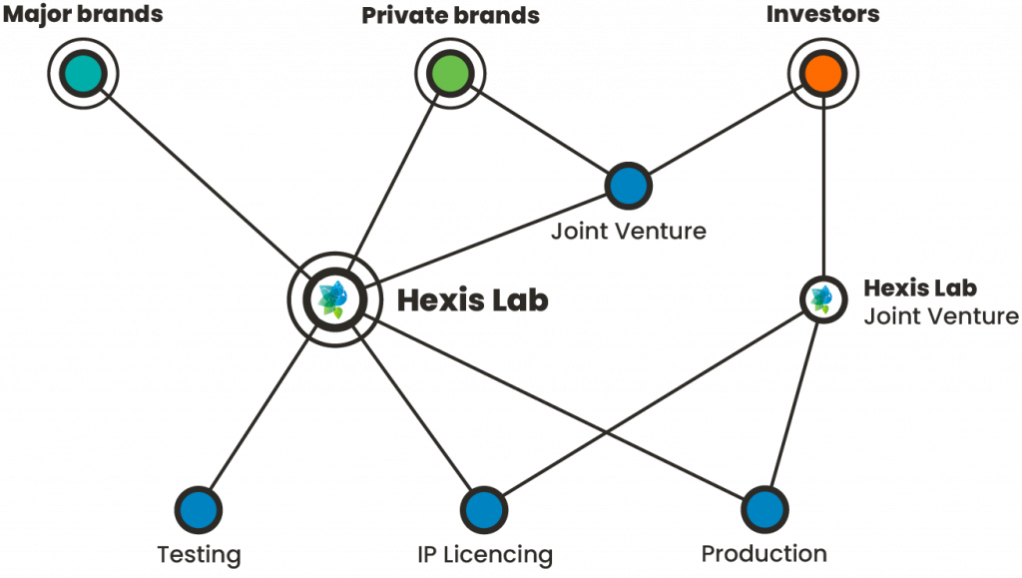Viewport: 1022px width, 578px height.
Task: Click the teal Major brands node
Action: click(83, 73)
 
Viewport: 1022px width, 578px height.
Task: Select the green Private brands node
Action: click(450, 73)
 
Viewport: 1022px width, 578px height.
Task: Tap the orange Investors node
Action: click(822, 73)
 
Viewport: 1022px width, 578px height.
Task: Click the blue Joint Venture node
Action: click(628, 186)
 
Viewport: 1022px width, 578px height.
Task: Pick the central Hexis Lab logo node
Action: click(330, 298)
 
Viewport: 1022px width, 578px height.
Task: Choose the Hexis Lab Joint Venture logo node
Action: click(821, 297)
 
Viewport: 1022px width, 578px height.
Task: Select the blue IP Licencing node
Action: click(483, 509)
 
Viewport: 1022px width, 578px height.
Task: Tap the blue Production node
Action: click(764, 509)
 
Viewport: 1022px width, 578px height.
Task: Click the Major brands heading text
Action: click(82, 15)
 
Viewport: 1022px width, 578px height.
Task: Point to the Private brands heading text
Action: click(450, 15)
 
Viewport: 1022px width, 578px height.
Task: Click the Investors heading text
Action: click(822, 15)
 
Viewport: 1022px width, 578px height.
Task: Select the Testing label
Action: click(199, 554)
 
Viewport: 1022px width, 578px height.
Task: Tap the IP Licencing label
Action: click(484, 554)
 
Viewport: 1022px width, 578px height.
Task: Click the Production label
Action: click(765, 553)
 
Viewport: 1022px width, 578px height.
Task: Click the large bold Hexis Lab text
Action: click(473, 299)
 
